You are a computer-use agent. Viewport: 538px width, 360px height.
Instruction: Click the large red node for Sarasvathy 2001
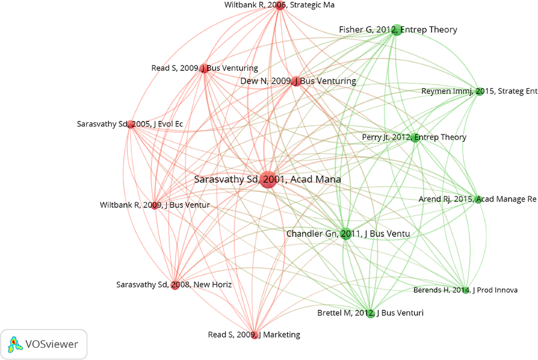click(x=268, y=179)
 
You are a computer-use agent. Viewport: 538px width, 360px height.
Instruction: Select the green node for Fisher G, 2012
click(x=396, y=30)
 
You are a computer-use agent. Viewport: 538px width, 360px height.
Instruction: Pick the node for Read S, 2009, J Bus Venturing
click(x=204, y=68)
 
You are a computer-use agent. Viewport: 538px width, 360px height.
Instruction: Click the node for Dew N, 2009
click(x=295, y=81)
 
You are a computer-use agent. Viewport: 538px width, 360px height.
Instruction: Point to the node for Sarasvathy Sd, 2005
click(x=130, y=124)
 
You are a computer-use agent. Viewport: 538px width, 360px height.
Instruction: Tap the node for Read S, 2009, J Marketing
click(x=255, y=334)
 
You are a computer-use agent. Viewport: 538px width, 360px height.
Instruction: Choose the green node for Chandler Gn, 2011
click(x=345, y=234)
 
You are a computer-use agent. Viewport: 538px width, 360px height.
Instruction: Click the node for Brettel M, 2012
click(x=370, y=313)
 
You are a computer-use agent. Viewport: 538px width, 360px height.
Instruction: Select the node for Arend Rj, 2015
click(x=478, y=199)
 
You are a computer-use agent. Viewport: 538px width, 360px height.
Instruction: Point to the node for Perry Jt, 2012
click(x=416, y=137)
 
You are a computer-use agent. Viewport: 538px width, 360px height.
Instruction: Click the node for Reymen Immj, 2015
click(x=479, y=91)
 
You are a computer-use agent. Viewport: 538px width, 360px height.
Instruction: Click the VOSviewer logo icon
click(x=14, y=344)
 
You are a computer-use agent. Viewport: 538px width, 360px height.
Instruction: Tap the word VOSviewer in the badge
click(x=52, y=344)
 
